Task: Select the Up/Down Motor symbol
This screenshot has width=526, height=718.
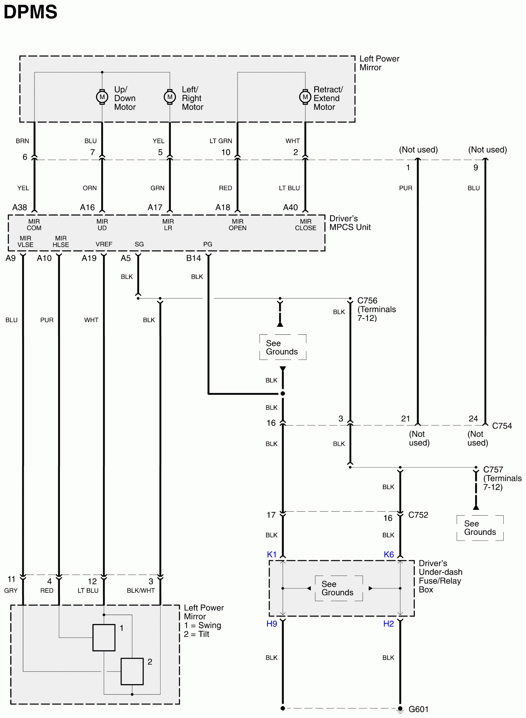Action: click(102, 97)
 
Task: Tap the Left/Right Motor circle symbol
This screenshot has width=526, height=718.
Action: click(170, 97)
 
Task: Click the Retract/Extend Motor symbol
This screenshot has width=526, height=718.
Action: click(305, 97)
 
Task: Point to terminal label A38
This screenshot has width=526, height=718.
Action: click(19, 207)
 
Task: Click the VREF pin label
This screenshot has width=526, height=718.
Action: click(104, 244)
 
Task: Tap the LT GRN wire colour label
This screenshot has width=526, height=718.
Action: click(221, 141)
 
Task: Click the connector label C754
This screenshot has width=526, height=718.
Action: click(502, 426)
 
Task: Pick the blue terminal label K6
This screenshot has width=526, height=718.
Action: click(389, 555)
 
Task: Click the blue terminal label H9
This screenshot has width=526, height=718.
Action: click(272, 624)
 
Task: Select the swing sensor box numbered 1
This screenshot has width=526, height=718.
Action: click(104, 637)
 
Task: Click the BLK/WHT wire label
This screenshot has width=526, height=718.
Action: click(141, 590)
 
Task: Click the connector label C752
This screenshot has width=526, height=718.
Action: click(418, 515)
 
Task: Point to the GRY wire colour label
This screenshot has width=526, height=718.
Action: click(11, 590)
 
